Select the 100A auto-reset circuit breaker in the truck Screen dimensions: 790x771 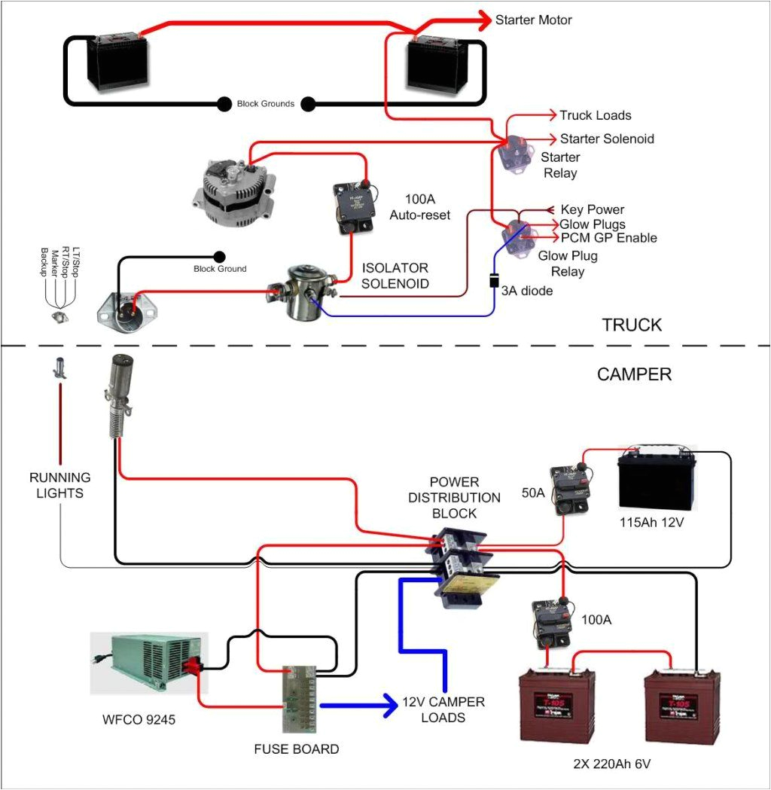(x=352, y=206)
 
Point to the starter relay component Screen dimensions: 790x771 (x=515, y=155)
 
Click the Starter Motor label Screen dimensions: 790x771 (x=533, y=20)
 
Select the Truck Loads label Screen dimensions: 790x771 (x=595, y=115)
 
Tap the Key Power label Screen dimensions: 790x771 (x=592, y=209)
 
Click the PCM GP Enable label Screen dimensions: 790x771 (x=608, y=238)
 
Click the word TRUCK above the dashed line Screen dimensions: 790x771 (x=632, y=325)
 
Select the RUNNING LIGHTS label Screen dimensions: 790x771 (x=60, y=485)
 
